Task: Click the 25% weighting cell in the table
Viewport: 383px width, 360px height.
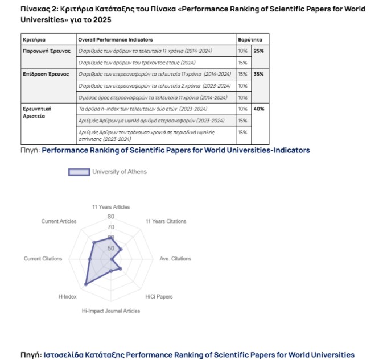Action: coord(259,51)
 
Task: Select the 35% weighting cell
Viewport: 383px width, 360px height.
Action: coord(259,74)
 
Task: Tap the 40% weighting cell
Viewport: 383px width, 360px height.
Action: coord(259,109)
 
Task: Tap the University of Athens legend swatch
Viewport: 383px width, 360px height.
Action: coord(79,172)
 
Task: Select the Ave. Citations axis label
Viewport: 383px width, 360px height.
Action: coord(175,259)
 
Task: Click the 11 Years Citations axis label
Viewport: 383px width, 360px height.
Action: coord(166,221)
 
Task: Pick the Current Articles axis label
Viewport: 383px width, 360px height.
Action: coord(59,221)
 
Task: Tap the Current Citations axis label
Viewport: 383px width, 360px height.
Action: coord(43,259)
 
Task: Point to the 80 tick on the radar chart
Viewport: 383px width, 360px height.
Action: coord(110,217)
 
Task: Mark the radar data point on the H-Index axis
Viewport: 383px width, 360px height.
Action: coord(86,283)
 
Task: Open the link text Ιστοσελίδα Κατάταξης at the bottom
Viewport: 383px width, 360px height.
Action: coord(84,355)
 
